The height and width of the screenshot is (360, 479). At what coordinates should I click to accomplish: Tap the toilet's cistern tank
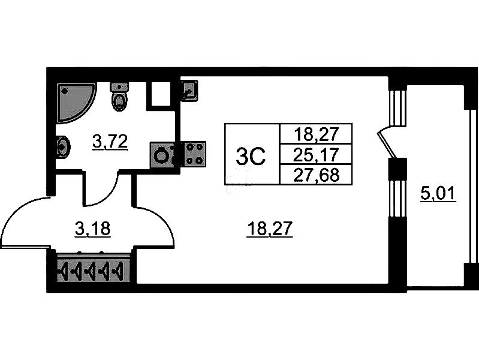(x=120, y=87)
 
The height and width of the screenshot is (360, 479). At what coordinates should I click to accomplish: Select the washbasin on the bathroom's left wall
(x=62, y=146)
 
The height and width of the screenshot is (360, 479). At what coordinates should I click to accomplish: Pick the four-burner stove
(x=194, y=154)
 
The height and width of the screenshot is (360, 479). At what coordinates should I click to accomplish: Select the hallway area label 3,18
(x=92, y=229)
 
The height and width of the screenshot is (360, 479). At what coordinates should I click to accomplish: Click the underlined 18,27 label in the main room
(x=269, y=229)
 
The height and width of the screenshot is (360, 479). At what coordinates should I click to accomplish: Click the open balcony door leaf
(x=384, y=144)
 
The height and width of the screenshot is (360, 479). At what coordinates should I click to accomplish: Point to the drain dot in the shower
(x=65, y=92)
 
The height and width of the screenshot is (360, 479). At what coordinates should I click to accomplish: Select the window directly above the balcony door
(x=395, y=108)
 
